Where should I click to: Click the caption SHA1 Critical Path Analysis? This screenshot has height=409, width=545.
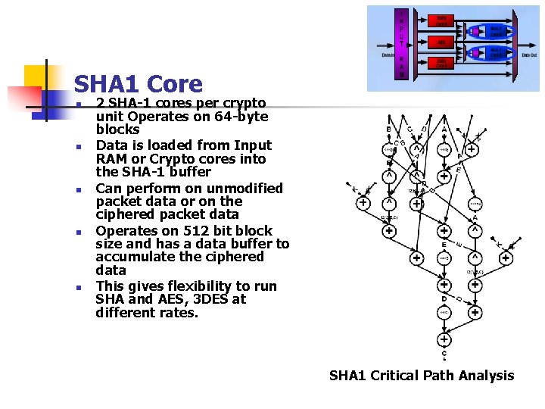click(x=421, y=376)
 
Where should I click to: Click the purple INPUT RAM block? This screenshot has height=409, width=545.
click(x=403, y=45)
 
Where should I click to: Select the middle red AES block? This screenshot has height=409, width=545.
click(x=441, y=42)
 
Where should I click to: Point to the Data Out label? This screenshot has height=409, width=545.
click(x=530, y=55)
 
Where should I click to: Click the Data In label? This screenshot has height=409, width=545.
click(x=388, y=55)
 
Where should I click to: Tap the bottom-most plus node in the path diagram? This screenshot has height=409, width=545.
click(x=444, y=338)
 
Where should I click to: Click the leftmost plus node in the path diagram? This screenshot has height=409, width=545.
click(x=364, y=202)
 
